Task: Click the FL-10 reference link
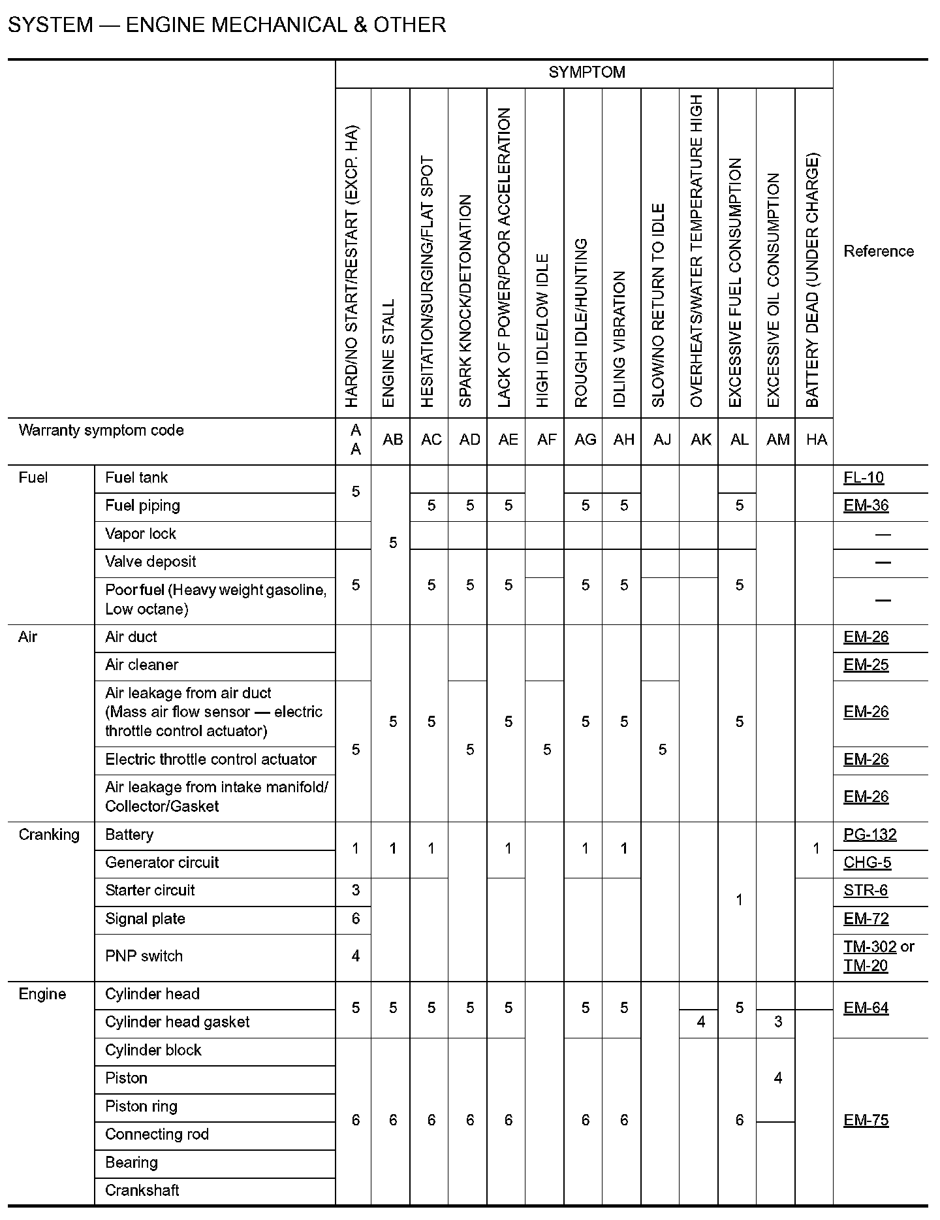(x=863, y=478)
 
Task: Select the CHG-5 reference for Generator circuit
(x=866, y=863)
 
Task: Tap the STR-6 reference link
(x=865, y=891)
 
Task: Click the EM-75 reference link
(x=866, y=1121)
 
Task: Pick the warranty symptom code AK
(x=700, y=440)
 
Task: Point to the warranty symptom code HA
(x=816, y=440)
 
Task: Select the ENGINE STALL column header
(x=388, y=353)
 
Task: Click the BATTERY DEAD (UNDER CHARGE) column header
(x=812, y=281)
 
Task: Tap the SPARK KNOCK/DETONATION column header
(x=465, y=300)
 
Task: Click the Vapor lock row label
(x=140, y=534)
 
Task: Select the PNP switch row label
(x=144, y=956)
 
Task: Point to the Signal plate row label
(x=145, y=919)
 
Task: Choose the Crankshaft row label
(x=142, y=1191)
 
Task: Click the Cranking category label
(x=49, y=835)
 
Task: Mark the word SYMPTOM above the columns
(x=586, y=72)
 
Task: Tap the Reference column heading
(x=879, y=251)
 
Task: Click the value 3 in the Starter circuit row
(x=355, y=891)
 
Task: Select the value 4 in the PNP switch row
(x=355, y=956)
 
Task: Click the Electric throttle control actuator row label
(x=210, y=760)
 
